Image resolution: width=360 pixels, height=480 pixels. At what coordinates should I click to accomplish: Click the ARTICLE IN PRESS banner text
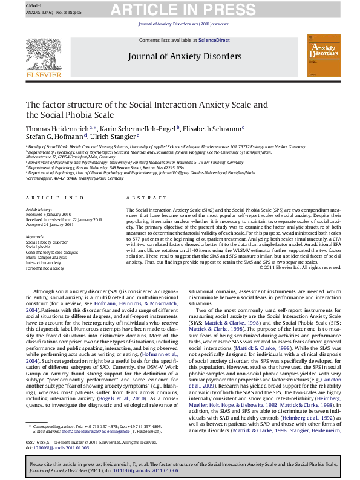179,8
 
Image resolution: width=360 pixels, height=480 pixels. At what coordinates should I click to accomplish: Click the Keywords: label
36,236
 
